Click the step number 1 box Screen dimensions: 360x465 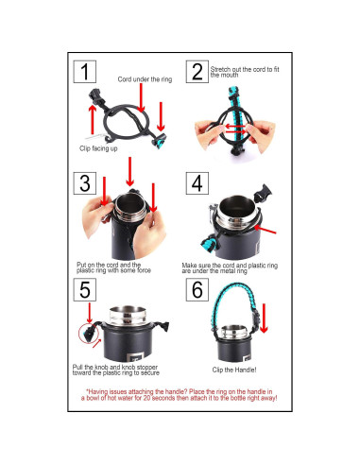click(85, 72)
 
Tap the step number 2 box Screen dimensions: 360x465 click(197, 72)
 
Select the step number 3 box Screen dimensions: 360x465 click(85, 183)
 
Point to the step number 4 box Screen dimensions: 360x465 click(197, 183)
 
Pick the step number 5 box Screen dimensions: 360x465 click(85, 289)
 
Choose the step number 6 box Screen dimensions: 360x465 click(197, 289)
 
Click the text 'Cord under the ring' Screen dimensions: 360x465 click(145, 79)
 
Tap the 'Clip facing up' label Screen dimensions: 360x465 click(98, 148)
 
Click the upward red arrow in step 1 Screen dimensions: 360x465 click(93, 120)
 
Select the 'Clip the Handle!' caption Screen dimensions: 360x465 click(234, 370)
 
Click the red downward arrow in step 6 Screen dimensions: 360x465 click(264, 319)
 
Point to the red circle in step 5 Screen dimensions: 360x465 click(89, 335)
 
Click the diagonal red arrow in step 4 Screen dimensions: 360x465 click(265, 230)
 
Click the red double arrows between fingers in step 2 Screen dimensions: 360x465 click(235, 129)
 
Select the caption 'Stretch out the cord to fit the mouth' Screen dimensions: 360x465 click(245, 72)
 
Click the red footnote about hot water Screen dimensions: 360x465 click(180, 395)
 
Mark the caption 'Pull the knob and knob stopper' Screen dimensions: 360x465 click(115, 368)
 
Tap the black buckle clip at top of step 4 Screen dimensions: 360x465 click(263, 193)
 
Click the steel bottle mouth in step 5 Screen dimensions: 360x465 click(128, 316)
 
